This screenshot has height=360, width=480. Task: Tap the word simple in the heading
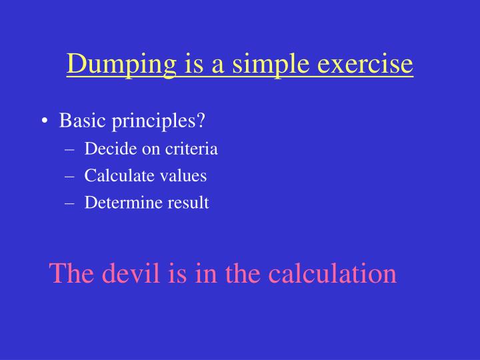click(258, 65)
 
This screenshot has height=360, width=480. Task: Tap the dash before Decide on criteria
click(71, 149)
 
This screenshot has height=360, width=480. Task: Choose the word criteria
click(185, 149)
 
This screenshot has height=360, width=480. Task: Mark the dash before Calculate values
click(71, 177)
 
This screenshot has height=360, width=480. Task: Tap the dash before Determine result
click(71, 203)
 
